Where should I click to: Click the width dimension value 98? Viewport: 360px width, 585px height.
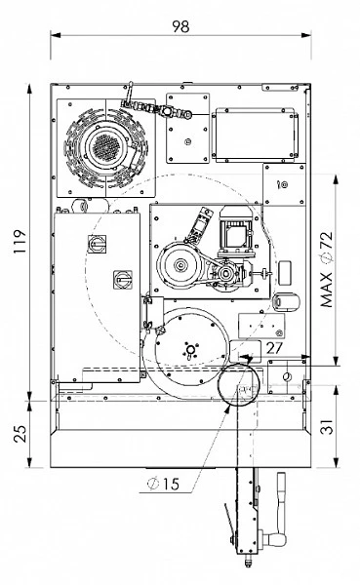pos(180,26)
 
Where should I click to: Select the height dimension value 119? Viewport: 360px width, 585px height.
pos(20,242)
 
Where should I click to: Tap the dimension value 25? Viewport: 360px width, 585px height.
pos(20,434)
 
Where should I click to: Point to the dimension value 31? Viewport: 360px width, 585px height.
pos(327,426)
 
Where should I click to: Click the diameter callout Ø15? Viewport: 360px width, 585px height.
pos(163,484)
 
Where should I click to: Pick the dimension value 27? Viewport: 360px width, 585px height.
pos(274,348)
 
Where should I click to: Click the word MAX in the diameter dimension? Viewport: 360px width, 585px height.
pos(327,290)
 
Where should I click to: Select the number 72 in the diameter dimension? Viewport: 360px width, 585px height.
pos(327,241)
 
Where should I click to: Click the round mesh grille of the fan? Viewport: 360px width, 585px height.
pos(106,145)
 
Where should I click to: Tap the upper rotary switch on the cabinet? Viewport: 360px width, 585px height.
pos(97,244)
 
